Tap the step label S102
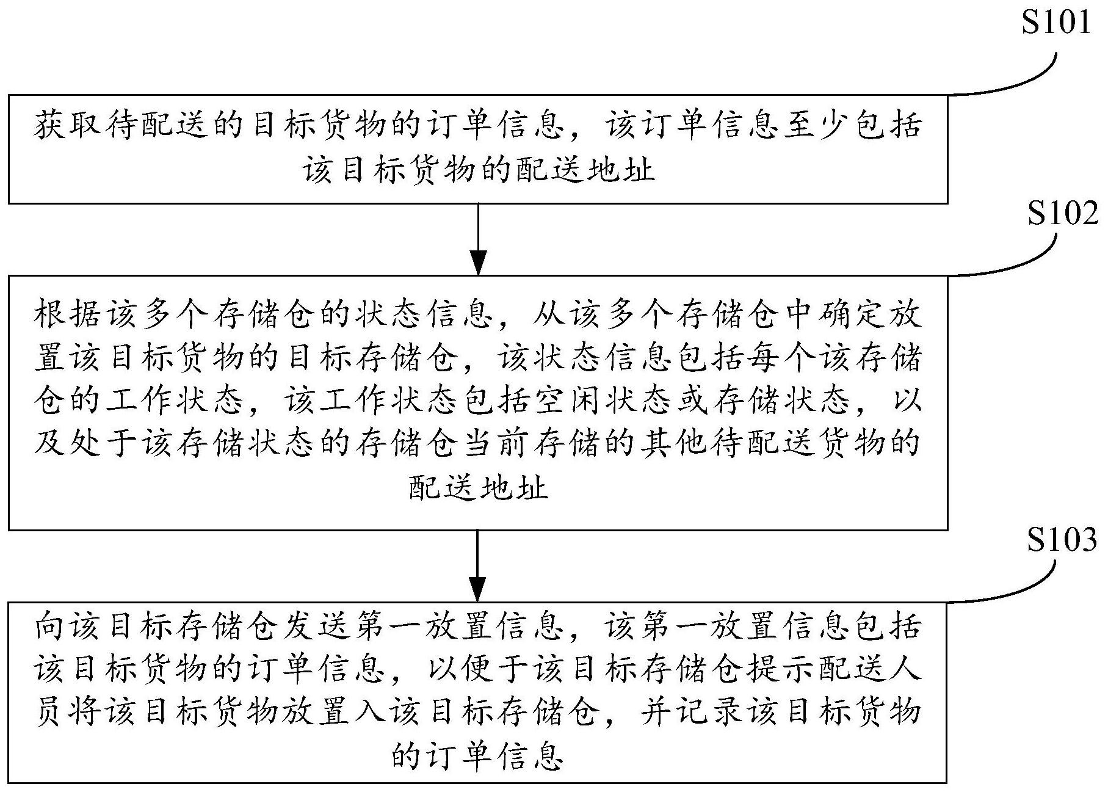[1063, 213]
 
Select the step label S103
[1062, 540]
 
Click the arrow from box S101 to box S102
[478, 239]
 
